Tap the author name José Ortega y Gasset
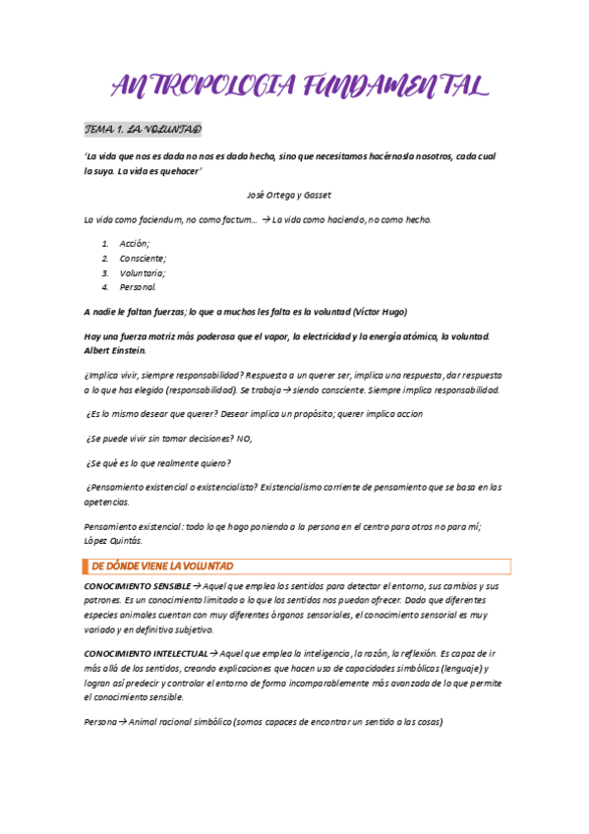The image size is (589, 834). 289,195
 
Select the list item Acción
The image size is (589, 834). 135,243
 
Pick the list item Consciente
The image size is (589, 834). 143,258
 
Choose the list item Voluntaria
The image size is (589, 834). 142,272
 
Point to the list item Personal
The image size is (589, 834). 138,287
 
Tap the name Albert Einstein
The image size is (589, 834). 115,350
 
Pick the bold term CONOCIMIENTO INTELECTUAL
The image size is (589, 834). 146,653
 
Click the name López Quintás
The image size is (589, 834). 114,540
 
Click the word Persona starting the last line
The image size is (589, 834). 99,722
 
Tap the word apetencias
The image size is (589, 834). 106,502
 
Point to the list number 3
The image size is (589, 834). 104,272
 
